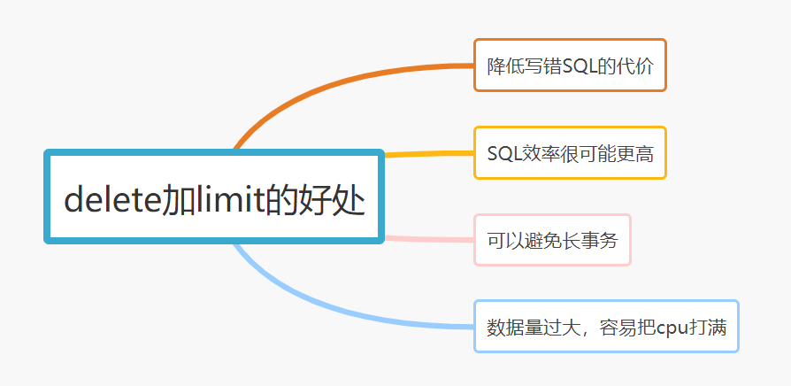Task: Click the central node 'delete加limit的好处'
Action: (214, 197)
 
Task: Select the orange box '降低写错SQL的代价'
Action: (570, 66)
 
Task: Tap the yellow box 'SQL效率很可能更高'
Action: (570, 153)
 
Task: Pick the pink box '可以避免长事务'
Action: (552, 240)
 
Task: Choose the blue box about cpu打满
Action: (606, 327)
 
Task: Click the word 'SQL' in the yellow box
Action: (503, 154)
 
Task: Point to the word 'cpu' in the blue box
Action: (672, 328)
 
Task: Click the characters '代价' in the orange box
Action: (638, 66)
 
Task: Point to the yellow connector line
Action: (429, 155)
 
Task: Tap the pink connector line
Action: (429, 239)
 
